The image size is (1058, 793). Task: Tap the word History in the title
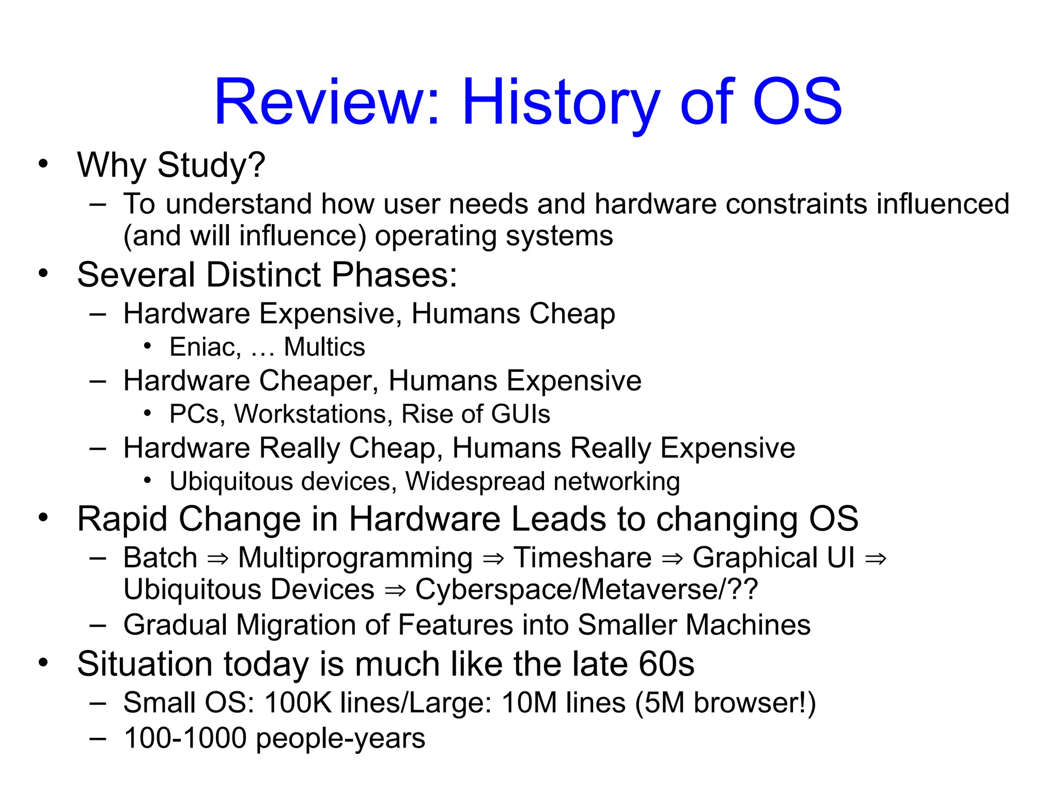(561, 102)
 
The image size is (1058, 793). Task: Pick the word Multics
(324, 347)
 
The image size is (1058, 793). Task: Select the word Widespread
(475, 481)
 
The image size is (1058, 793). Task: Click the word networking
(617, 481)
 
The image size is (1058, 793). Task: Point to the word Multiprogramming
(355, 558)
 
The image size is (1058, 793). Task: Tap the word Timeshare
(582, 558)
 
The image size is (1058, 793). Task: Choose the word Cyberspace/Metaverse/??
(587, 590)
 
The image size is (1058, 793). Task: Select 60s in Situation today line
(666, 664)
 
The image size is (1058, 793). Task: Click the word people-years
(340, 738)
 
